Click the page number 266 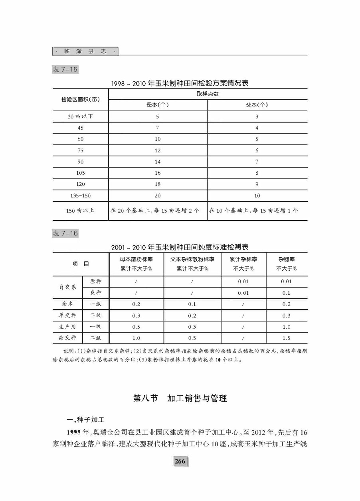(180, 461)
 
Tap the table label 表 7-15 (65, 69)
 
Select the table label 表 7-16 (65, 233)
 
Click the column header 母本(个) (157, 105)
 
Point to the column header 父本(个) (257, 105)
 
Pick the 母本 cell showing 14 (157, 162)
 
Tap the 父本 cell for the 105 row (257, 173)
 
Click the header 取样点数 (208, 94)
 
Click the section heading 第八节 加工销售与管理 (180, 398)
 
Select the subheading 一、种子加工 (85, 420)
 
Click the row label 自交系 (67, 287)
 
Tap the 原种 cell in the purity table (95, 281)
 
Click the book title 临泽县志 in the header (85, 52)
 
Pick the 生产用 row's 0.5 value (136, 327)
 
